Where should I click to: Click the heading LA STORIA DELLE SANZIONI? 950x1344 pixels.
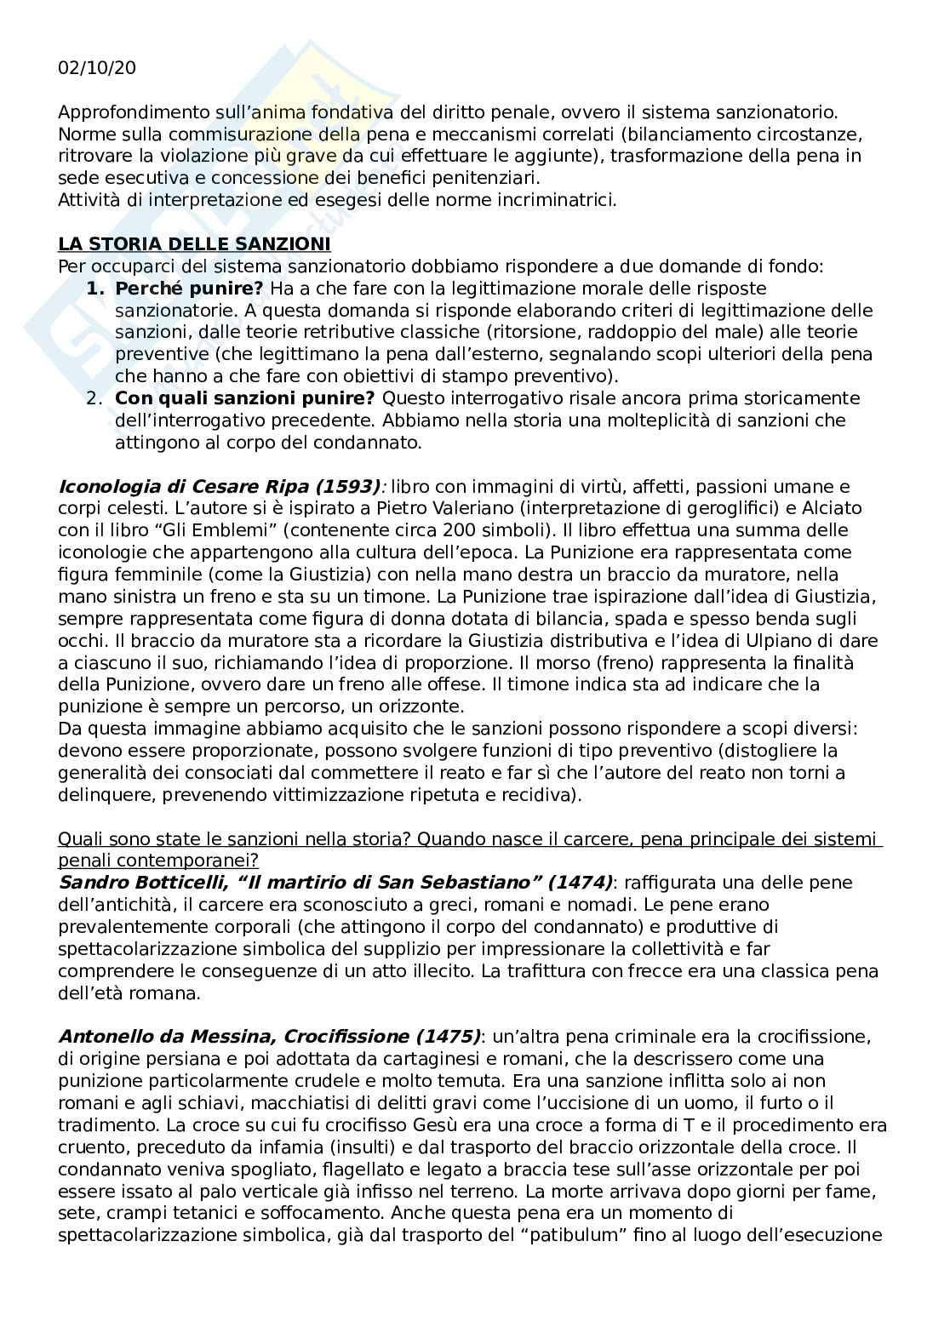(x=194, y=244)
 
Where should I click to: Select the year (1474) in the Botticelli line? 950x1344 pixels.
(x=580, y=882)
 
